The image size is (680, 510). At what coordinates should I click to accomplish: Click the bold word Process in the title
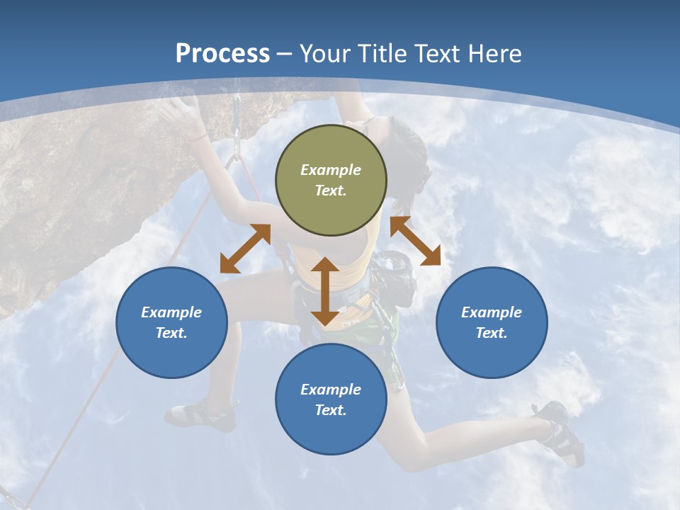[x=222, y=54]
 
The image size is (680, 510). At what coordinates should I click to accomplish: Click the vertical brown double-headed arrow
[x=325, y=291]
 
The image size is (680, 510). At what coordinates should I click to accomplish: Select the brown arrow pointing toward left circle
[x=245, y=249]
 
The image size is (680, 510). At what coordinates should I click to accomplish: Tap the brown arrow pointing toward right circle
[x=415, y=241]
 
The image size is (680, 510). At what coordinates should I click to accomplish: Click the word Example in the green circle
[x=331, y=170]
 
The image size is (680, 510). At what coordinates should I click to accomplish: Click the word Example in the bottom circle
[x=331, y=390]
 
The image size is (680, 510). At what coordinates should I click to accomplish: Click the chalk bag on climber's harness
[x=394, y=276]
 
